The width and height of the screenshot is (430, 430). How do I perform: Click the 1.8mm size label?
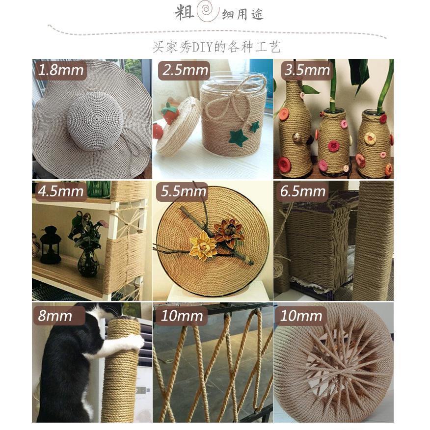pos(61,70)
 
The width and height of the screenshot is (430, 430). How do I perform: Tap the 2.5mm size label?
pos(185,70)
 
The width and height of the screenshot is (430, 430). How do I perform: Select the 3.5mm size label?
pos(307,70)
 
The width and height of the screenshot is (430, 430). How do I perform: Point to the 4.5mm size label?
pos(61,191)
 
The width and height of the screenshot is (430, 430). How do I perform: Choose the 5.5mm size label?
pos(183,191)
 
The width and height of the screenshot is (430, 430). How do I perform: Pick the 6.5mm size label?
pos(303,191)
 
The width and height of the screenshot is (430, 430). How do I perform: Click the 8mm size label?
pos(58,316)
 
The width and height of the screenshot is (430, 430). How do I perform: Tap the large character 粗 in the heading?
pos(185,12)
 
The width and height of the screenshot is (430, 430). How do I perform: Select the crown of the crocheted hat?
pos(95,121)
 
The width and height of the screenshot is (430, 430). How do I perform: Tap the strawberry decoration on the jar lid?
pos(169,113)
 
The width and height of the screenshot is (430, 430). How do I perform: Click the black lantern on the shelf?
pos(51,244)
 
